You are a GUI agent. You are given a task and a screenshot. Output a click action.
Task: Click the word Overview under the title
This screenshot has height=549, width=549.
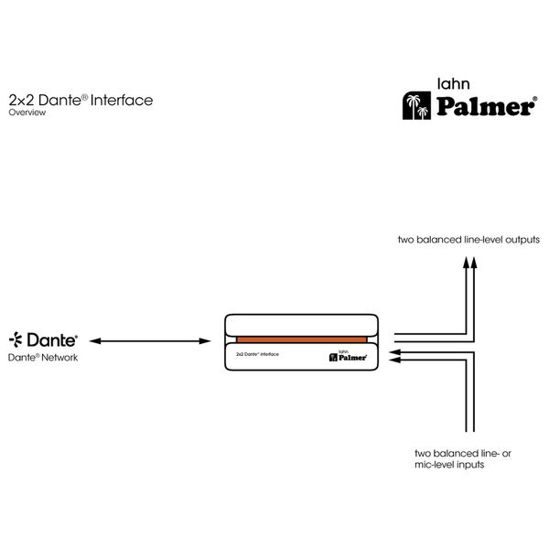click(27, 113)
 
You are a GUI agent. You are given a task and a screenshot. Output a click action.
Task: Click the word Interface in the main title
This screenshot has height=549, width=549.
click(122, 100)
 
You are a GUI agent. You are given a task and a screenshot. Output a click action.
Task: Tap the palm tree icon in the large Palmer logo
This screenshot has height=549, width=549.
click(416, 106)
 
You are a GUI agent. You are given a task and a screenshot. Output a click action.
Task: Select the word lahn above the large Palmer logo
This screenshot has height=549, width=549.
click(454, 83)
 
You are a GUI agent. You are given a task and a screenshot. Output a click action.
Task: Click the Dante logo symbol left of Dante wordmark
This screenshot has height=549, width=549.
click(16, 339)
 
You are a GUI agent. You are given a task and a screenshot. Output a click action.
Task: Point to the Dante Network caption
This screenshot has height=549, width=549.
click(43, 358)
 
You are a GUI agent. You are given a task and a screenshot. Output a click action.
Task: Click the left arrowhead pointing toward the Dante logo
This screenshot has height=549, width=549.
click(95, 341)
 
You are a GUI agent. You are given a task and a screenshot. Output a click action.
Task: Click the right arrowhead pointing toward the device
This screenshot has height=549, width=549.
click(205, 341)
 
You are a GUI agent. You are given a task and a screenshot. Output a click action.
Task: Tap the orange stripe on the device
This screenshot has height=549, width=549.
click(301, 339)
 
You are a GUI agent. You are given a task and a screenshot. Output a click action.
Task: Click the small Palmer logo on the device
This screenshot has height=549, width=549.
click(348, 357)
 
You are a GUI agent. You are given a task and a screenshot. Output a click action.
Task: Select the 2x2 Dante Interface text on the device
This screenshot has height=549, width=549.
click(257, 354)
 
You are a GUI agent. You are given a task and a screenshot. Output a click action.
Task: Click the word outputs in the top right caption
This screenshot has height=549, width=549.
click(522, 240)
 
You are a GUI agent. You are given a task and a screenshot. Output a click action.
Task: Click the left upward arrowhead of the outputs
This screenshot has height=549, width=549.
click(466, 263)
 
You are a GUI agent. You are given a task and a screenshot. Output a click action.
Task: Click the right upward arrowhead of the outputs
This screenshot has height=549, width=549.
click(474, 263)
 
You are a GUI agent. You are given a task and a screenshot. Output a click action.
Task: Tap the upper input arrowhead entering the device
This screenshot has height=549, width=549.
click(395, 352)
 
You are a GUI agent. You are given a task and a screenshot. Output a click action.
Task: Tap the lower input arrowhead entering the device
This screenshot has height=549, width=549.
click(395, 361)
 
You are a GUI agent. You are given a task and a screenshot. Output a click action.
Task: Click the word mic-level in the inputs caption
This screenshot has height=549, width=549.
click(434, 465)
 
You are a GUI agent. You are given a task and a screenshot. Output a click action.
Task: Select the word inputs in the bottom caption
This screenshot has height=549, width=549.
click(469, 465)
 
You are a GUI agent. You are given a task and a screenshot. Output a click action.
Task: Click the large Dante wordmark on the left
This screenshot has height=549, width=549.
click(52, 339)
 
